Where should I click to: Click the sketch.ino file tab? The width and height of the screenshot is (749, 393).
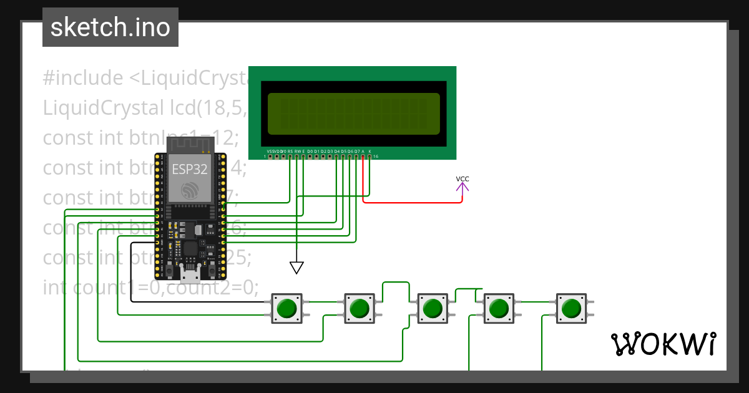click(110, 27)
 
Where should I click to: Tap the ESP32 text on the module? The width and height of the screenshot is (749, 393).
click(189, 168)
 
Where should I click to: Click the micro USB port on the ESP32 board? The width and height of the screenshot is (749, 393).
click(190, 273)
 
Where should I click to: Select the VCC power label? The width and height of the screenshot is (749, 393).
click(463, 179)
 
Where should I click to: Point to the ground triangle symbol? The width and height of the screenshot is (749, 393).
click(297, 268)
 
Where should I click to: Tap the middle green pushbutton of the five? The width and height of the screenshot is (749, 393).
click(431, 308)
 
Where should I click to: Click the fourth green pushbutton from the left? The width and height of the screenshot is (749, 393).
click(498, 308)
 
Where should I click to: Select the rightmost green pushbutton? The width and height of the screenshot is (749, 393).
click(570, 308)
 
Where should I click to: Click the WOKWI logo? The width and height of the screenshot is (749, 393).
click(663, 344)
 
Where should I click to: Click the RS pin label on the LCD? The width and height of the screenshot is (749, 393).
click(290, 152)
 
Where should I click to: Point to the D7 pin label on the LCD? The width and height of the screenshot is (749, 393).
click(356, 152)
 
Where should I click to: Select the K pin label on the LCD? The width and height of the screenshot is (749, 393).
click(370, 152)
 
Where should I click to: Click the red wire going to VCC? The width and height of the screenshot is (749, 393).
click(412, 203)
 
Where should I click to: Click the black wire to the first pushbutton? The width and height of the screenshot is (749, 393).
click(200, 301)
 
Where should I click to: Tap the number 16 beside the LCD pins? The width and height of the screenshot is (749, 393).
click(376, 157)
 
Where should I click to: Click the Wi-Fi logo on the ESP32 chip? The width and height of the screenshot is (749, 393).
click(189, 190)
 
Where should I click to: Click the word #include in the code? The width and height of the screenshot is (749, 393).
click(83, 78)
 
